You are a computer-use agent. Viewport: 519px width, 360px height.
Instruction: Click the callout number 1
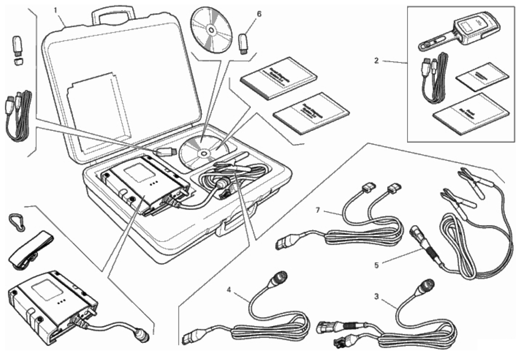click(x=57, y=8)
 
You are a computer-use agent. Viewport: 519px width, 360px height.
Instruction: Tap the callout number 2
click(x=376, y=61)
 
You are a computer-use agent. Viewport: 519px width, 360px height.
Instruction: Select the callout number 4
click(x=229, y=289)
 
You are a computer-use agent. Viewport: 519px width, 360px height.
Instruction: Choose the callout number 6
click(x=259, y=14)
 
